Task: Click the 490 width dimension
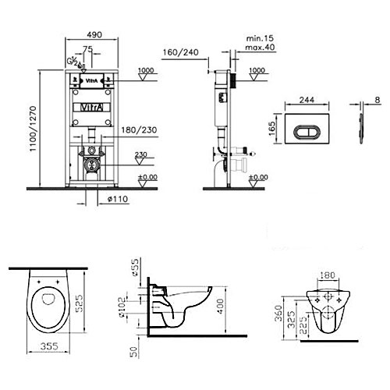94,34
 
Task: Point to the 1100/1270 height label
33,129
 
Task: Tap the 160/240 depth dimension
181,52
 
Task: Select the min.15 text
260,38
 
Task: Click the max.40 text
260,48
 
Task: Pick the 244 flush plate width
307,100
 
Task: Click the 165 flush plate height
271,129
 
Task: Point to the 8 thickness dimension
378,100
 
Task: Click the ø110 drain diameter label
118,199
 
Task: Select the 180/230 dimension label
139,129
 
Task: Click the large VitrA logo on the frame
92,108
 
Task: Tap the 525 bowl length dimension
80,303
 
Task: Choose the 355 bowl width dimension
49,346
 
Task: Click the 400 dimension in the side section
220,307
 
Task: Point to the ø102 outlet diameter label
122,307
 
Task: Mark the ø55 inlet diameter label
134,267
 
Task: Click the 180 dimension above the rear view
328,275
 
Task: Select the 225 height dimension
303,325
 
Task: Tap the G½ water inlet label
73,62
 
